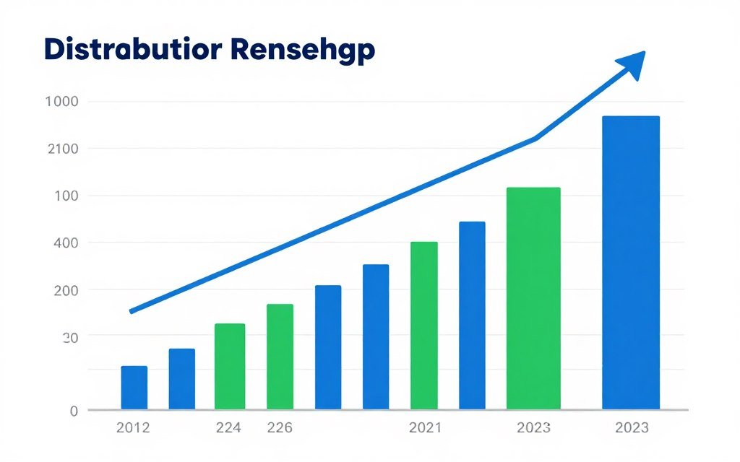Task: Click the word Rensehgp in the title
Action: [304, 51]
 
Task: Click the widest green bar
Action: [533, 298]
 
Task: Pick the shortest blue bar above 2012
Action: [134, 388]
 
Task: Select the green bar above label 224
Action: [230, 366]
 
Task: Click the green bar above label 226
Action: [280, 357]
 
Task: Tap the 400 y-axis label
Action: [66, 243]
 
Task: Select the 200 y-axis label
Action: [66, 289]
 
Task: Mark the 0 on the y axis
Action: [73, 411]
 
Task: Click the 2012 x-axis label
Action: [133, 427]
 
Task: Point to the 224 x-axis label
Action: [228, 427]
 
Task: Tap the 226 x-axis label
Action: [280, 427]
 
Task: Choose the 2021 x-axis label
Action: [425, 427]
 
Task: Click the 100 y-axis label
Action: [66, 196]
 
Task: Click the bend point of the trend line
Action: [535, 138]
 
